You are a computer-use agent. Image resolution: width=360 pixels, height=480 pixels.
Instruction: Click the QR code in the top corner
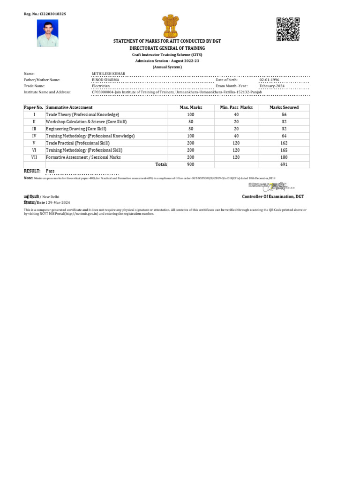click(287, 29)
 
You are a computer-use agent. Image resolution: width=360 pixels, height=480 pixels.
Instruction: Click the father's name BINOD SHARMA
click(105, 80)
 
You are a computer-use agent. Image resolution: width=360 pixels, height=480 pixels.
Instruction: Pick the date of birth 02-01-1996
click(270, 80)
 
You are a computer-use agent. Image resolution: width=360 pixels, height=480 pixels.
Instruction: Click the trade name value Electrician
click(101, 86)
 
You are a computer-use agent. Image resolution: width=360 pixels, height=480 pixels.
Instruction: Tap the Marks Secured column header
click(284, 108)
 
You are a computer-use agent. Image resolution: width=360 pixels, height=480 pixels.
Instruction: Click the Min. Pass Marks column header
click(236, 108)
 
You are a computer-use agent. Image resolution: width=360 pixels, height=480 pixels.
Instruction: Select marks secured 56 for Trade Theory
click(284, 115)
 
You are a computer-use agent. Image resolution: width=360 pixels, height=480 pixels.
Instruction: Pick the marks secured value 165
click(284, 150)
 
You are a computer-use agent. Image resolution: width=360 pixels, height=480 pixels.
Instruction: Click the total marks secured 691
click(284, 165)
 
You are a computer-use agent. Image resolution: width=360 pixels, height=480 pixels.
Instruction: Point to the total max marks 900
click(190, 165)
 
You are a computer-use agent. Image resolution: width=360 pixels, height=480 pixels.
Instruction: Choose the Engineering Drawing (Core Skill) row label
click(76, 129)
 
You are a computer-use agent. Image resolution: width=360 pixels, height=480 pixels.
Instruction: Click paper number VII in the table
click(34, 157)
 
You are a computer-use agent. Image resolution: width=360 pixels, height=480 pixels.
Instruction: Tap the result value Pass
click(50, 171)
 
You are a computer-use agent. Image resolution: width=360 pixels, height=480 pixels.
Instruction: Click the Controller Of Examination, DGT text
click(273, 197)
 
